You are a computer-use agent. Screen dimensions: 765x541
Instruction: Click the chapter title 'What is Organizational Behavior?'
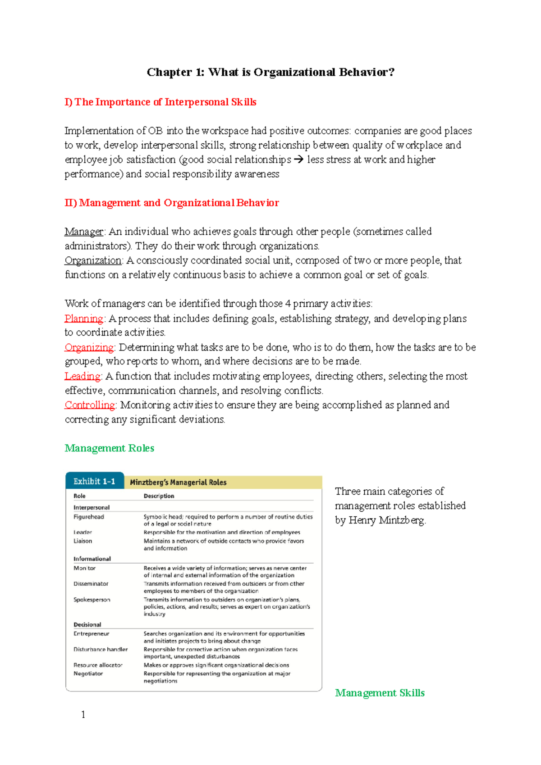pyautogui.click(x=270, y=72)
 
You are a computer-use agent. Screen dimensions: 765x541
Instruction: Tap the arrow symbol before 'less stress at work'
pyautogui.click(x=298, y=159)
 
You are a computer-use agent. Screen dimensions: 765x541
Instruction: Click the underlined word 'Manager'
pyautogui.click(x=84, y=232)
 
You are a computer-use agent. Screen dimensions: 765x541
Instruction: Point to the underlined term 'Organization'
pyautogui.click(x=93, y=260)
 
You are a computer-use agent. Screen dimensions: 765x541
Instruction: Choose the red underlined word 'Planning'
pyautogui.click(x=84, y=319)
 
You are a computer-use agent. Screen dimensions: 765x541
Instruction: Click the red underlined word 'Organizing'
pyautogui.click(x=89, y=347)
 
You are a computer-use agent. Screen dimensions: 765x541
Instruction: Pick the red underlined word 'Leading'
pyautogui.click(x=83, y=376)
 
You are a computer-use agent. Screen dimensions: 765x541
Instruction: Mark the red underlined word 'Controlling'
pyautogui.click(x=90, y=405)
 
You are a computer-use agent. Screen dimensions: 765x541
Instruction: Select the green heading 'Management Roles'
pyautogui.click(x=110, y=448)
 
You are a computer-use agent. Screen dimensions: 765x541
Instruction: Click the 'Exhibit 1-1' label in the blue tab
pyautogui.click(x=94, y=482)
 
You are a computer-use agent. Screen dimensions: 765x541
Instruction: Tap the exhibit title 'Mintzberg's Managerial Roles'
pyautogui.click(x=178, y=483)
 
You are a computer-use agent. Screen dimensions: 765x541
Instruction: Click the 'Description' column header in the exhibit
pyautogui.click(x=159, y=496)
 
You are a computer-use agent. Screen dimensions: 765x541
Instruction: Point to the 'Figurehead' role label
pyautogui.click(x=89, y=517)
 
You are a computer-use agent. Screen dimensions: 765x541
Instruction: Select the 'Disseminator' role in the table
pyautogui.click(x=91, y=584)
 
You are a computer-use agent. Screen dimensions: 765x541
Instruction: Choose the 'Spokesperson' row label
pyautogui.click(x=92, y=600)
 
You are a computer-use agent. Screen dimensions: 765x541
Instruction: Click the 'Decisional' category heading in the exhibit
pyautogui.click(x=87, y=624)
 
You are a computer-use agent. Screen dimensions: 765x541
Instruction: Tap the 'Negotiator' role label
pyautogui.click(x=88, y=674)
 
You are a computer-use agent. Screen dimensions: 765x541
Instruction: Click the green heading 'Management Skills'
pyautogui.click(x=380, y=693)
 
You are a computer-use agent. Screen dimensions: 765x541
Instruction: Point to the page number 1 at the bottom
pyautogui.click(x=83, y=715)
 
